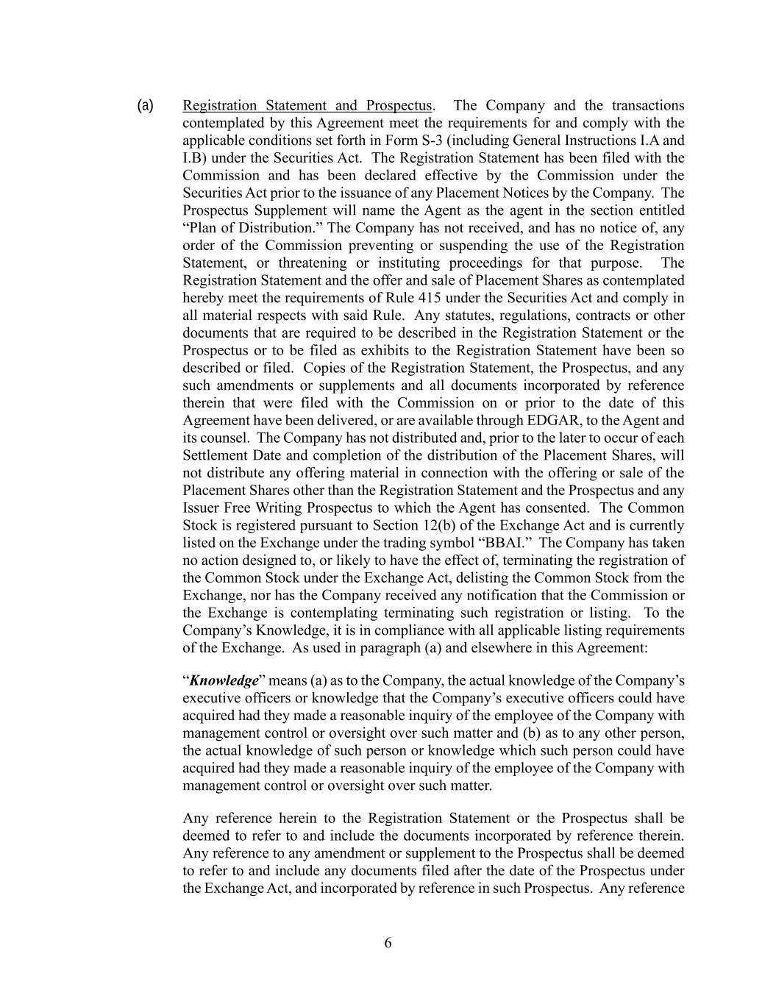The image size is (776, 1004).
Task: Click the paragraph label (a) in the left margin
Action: click(145, 105)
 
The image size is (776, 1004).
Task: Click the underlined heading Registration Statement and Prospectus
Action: click(307, 105)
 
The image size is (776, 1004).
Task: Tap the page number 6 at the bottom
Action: click(388, 943)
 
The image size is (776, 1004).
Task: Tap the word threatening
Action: click(299, 263)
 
